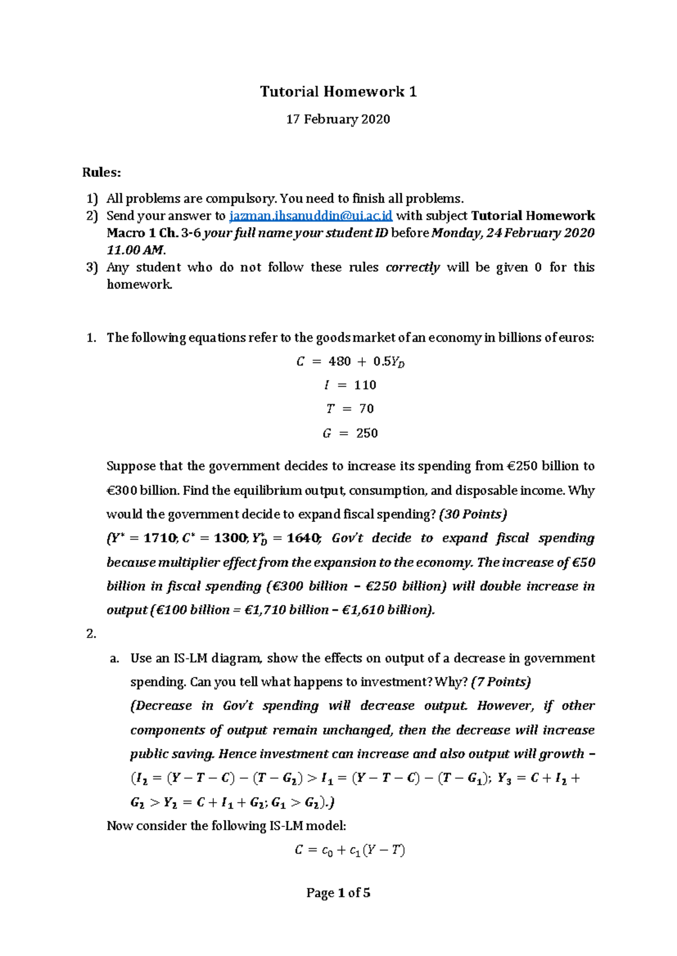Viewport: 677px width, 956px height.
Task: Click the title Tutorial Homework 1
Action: click(338, 92)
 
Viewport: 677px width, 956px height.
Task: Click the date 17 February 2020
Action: click(338, 119)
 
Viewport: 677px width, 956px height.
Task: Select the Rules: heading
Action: click(102, 172)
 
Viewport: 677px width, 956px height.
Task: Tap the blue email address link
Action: click(310, 216)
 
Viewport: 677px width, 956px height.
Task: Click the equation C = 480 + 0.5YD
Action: click(350, 362)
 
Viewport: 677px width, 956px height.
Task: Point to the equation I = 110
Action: click(350, 386)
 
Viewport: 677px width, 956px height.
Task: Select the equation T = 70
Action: click(350, 409)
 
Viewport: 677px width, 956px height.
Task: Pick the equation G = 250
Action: click(350, 433)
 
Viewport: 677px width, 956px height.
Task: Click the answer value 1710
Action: click(160, 538)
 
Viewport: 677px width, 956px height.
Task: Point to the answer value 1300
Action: click(230, 538)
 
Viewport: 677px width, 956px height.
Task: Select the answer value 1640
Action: click(303, 538)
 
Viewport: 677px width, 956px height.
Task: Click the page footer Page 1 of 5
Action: click(338, 893)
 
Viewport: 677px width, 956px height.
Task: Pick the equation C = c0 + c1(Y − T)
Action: click(350, 851)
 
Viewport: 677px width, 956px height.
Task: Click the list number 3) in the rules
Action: click(92, 268)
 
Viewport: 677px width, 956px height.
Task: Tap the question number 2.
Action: click(91, 634)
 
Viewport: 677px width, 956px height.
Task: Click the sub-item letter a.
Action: click(115, 658)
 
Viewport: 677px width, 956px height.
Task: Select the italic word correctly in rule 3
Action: click(412, 268)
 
